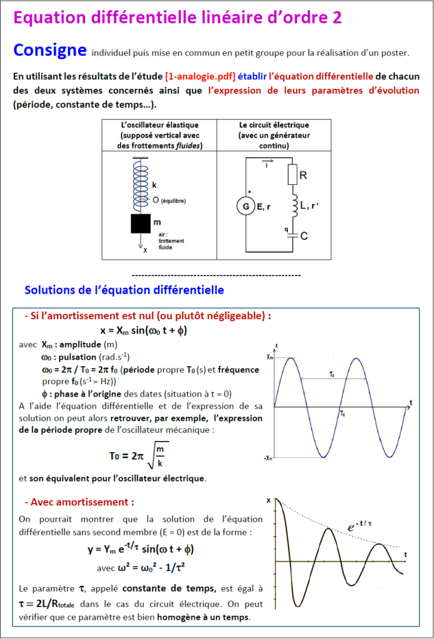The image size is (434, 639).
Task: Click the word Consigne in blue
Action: coord(49,49)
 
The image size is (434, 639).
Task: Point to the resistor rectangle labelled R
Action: coord(291,176)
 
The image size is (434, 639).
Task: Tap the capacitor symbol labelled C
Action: coord(291,234)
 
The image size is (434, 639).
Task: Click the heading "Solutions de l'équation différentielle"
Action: coord(124,290)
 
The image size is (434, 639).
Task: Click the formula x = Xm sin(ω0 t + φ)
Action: coord(144,330)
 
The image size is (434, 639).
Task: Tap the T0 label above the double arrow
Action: coord(331,374)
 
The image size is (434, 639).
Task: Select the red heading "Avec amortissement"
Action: coord(79,502)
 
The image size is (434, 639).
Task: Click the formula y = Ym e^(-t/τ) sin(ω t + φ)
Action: coord(141,550)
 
